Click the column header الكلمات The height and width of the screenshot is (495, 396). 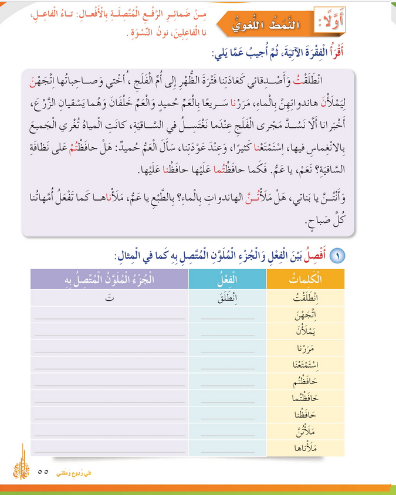(x=305, y=279)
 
